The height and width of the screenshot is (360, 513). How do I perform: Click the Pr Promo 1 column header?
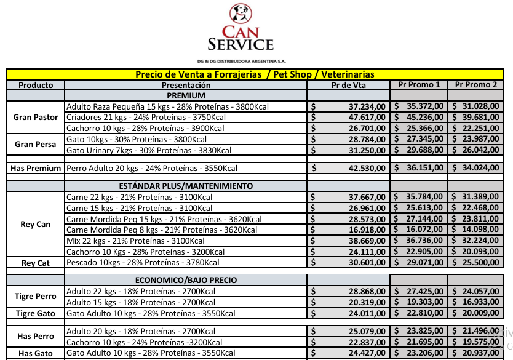coord(419,85)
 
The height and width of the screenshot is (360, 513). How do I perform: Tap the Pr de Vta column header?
coord(349,86)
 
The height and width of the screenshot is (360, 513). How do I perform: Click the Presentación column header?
coord(186,86)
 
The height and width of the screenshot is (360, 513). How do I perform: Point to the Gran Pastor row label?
coord(36,117)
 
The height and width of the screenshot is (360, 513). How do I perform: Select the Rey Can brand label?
coord(36,224)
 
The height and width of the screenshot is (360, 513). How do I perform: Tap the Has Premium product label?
coord(36,168)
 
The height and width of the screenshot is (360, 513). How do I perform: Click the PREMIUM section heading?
coord(186,95)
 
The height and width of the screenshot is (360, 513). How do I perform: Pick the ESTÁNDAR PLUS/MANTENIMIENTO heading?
coord(186,186)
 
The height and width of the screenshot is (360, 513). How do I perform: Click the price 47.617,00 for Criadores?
coord(367,117)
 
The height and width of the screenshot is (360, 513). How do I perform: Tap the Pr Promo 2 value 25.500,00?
coord(477,262)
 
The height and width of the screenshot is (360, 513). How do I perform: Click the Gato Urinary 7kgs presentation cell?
coord(149,150)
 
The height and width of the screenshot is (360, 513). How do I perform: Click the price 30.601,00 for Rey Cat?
coord(367,262)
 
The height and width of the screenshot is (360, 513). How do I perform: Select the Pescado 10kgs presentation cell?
coord(143,262)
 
